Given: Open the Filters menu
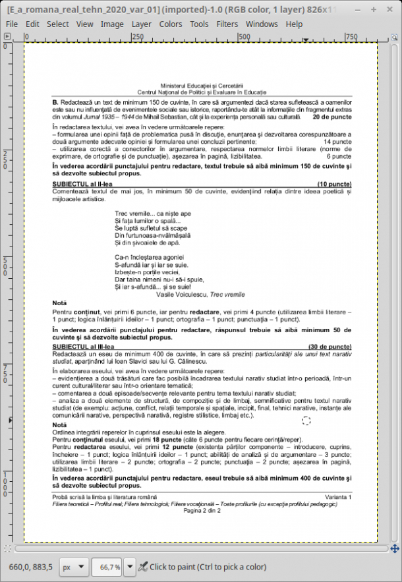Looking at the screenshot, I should tap(227, 24).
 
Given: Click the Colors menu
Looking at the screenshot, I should tap(171, 24).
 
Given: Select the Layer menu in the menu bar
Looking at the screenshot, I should tap(141, 24).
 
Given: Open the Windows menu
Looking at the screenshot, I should tap(262, 24).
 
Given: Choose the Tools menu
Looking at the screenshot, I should tap(199, 24).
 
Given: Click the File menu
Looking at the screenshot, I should tap(12, 24).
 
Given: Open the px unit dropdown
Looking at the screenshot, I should tap(73, 566).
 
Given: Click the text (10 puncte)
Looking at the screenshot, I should tap(334, 183).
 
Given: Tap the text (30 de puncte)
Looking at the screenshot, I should tap(330, 346).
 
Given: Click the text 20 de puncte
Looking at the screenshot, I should tap(332, 117).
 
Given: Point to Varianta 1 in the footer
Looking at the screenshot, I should tap(338, 496).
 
